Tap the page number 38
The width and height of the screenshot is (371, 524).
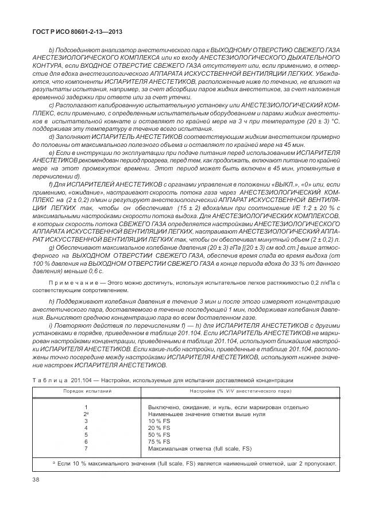tap(36, 480)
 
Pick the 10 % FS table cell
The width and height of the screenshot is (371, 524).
tap(160, 421)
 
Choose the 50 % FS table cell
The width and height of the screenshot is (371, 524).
tap(160, 434)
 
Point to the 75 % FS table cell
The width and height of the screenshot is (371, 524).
tap(160, 441)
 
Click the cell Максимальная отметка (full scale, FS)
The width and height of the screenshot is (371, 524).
tap(199, 448)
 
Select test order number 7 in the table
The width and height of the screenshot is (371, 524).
tap(86, 448)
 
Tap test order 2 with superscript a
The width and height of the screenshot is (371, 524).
tap(86, 414)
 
